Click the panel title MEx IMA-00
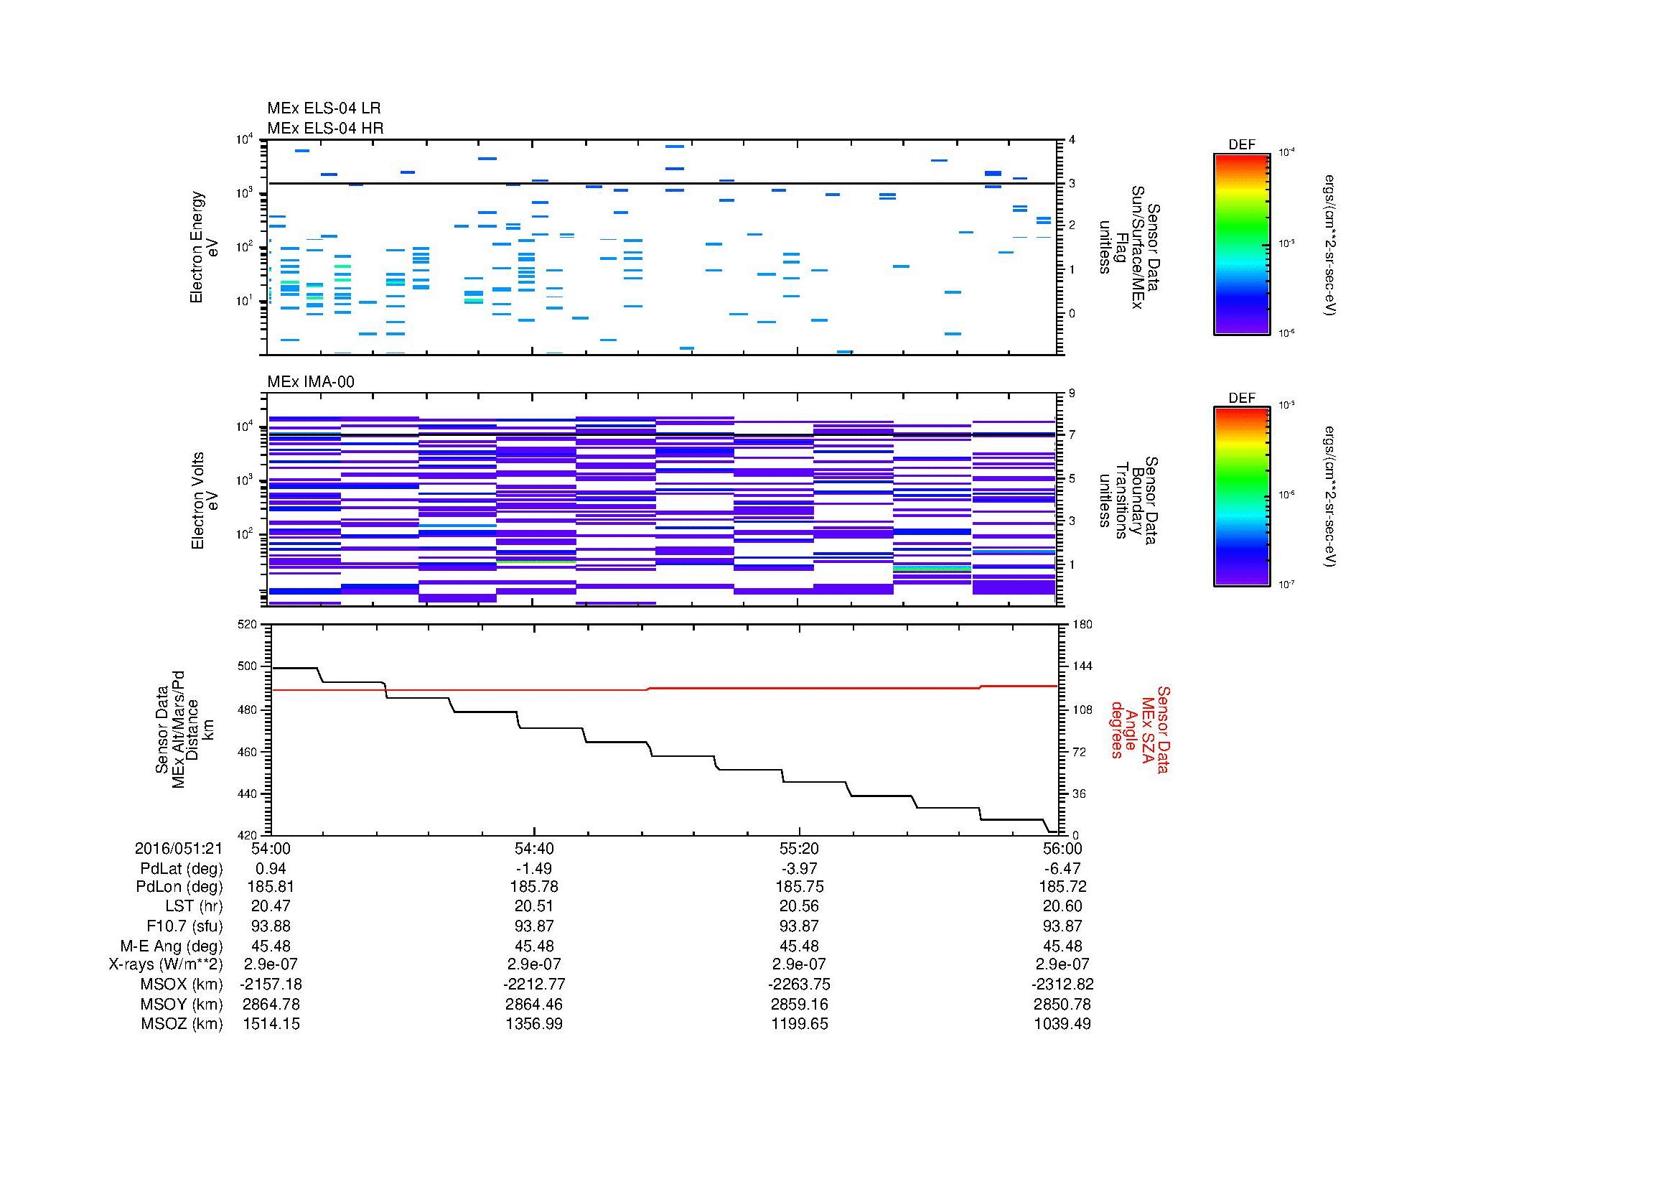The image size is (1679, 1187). pos(310,382)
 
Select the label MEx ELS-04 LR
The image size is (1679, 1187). pos(323,108)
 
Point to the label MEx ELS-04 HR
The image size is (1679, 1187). pos(324,128)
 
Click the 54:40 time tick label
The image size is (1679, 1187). pos(535,848)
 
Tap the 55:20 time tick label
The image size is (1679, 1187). pos(799,848)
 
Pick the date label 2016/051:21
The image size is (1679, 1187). pos(179,848)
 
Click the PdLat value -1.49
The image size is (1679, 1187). pos(535,869)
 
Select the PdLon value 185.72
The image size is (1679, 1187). pos(1062,887)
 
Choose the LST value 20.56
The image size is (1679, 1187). pos(799,907)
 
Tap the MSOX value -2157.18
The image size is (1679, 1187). pos(271,984)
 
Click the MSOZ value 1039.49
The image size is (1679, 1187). pos(1062,1024)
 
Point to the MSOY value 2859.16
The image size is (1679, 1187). pos(799,1004)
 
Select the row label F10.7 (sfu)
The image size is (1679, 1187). pos(184,926)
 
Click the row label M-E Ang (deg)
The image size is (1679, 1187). pos(171,946)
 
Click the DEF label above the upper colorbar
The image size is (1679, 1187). pos(1241,145)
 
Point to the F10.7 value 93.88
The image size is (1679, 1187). pos(271,926)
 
